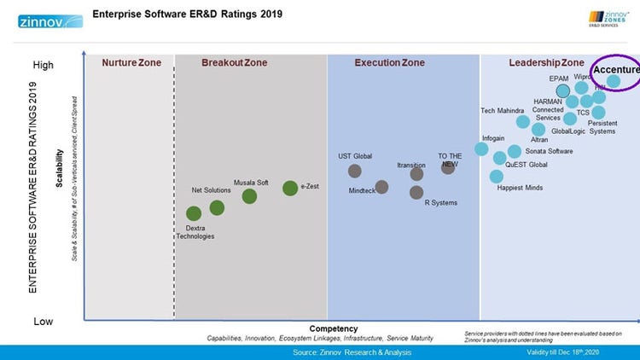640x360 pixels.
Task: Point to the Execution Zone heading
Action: pyautogui.click(x=389, y=63)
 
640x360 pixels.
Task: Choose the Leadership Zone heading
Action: pyautogui.click(x=546, y=63)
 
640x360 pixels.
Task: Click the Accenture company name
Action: pyautogui.click(x=616, y=70)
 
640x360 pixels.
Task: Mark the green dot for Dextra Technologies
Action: pyautogui.click(x=194, y=213)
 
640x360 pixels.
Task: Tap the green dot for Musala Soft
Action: pyautogui.click(x=249, y=196)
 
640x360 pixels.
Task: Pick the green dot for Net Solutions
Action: pyautogui.click(x=217, y=207)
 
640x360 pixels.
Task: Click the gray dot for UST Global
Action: pyautogui.click(x=355, y=171)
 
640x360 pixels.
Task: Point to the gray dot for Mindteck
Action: pyautogui.click(x=381, y=187)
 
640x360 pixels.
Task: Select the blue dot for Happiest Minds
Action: pyautogui.click(x=497, y=177)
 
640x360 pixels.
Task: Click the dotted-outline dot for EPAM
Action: pyautogui.click(x=562, y=90)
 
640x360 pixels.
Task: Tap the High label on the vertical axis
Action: pyautogui.click(x=44, y=65)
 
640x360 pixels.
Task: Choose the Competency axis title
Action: pyautogui.click(x=333, y=328)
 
